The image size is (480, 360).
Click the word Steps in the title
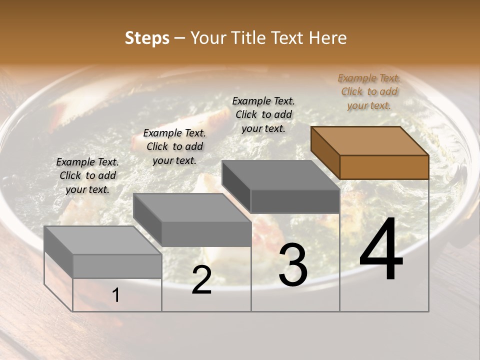[x=147, y=38]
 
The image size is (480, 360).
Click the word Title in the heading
[x=249, y=38]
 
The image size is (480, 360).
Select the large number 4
[x=381, y=250]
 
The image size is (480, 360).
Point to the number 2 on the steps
[x=201, y=280]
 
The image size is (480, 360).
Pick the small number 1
[x=116, y=295]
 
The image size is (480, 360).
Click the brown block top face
[x=370, y=141]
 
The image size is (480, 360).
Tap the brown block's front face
[x=384, y=167]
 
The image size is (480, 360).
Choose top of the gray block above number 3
[x=280, y=175]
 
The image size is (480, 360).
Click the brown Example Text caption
[x=369, y=91]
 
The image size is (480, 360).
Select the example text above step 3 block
[x=263, y=114]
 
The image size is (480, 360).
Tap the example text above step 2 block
[x=174, y=146]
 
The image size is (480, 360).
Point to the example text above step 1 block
[x=87, y=175]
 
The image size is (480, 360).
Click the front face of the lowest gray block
[x=117, y=266]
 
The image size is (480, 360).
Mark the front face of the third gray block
[x=295, y=201]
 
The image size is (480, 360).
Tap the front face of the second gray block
[x=206, y=234]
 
